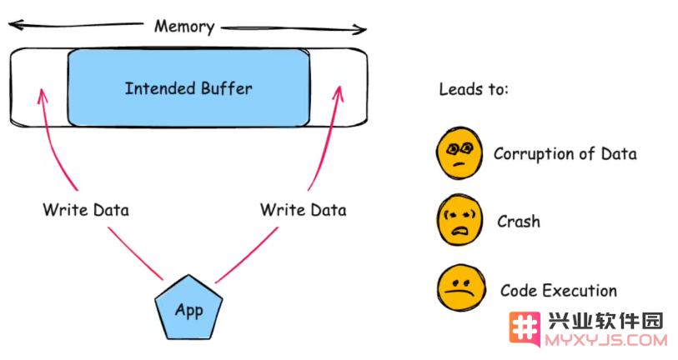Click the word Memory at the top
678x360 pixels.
click(x=184, y=27)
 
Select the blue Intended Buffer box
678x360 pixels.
click(x=188, y=87)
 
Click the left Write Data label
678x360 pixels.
click(x=86, y=209)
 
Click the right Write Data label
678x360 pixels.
click(x=303, y=209)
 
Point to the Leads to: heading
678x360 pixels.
click(x=474, y=89)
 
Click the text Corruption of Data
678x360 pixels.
click(x=565, y=153)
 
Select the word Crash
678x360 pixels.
click(x=518, y=222)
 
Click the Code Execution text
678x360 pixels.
click(x=558, y=291)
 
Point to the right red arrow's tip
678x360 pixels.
click(x=338, y=86)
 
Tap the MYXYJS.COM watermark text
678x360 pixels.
click(x=605, y=341)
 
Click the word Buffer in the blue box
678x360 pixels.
click(x=227, y=87)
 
